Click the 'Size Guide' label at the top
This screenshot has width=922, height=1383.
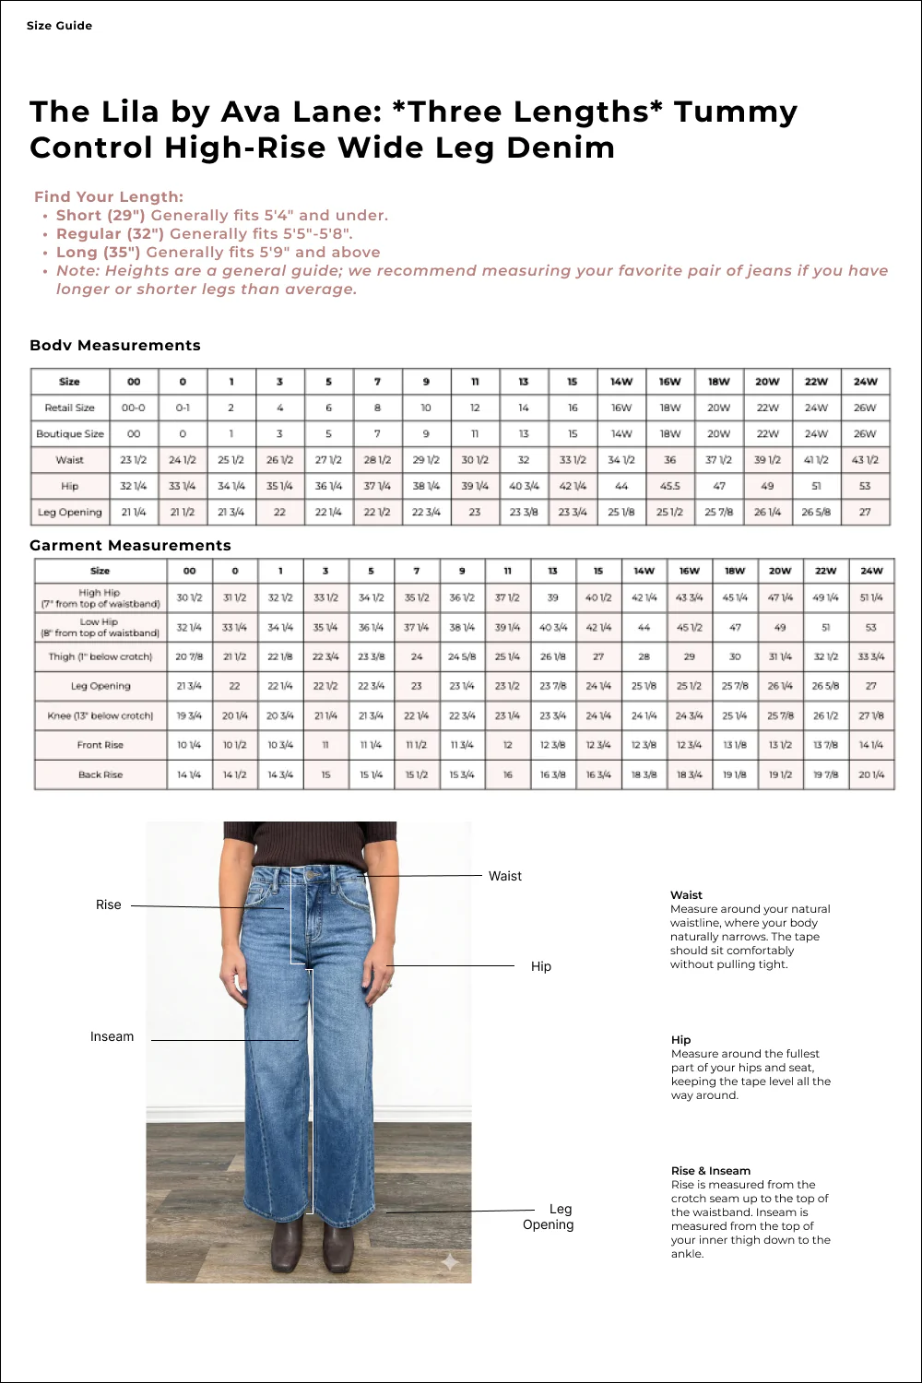pyautogui.click(x=59, y=26)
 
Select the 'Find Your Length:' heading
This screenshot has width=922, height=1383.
pyautogui.click(x=109, y=196)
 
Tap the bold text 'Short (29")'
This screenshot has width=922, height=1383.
pyautogui.click(x=100, y=215)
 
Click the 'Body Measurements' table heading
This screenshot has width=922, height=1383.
pyautogui.click(x=115, y=345)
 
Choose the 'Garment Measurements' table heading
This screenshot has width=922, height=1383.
pyautogui.click(x=130, y=545)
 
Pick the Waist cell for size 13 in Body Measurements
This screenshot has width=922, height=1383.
pyautogui.click(x=524, y=459)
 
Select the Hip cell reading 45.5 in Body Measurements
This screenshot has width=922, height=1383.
pyautogui.click(x=670, y=486)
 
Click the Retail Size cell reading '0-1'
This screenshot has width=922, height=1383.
pyautogui.click(x=183, y=408)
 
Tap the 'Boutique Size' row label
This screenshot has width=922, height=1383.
pyautogui.click(x=70, y=433)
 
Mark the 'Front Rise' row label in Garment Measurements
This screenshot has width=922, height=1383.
pyautogui.click(x=100, y=745)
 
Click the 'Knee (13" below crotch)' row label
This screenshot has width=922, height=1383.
pyautogui.click(x=100, y=715)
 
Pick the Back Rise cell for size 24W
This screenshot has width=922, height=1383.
pyautogui.click(x=870, y=774)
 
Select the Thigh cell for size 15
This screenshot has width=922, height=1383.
pyautogui.click(x=598, y=656)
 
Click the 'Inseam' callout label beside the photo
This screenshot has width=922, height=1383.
pyautogui.click(x=112, y=1036)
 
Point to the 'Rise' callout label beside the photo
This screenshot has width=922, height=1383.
pyautogui.click(x=108, y=904)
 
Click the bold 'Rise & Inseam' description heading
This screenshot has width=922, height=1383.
pyautogui.click(x=710, y=1170)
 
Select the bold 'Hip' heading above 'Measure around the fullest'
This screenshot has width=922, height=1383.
pyautogui.click(x=680, y=1039)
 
